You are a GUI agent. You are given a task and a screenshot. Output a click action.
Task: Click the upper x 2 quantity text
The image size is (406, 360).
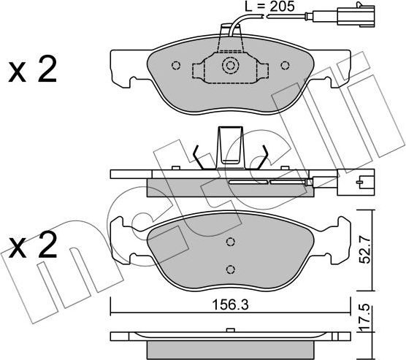point(32,70)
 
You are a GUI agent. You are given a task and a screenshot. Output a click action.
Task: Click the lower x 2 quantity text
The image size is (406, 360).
point(32,246)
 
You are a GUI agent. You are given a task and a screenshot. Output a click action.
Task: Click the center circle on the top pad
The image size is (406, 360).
point(231,66)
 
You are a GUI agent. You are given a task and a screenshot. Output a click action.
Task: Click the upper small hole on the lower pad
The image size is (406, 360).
point(230,243)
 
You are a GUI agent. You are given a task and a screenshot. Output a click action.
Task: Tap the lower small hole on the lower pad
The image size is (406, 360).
point(230,267)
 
